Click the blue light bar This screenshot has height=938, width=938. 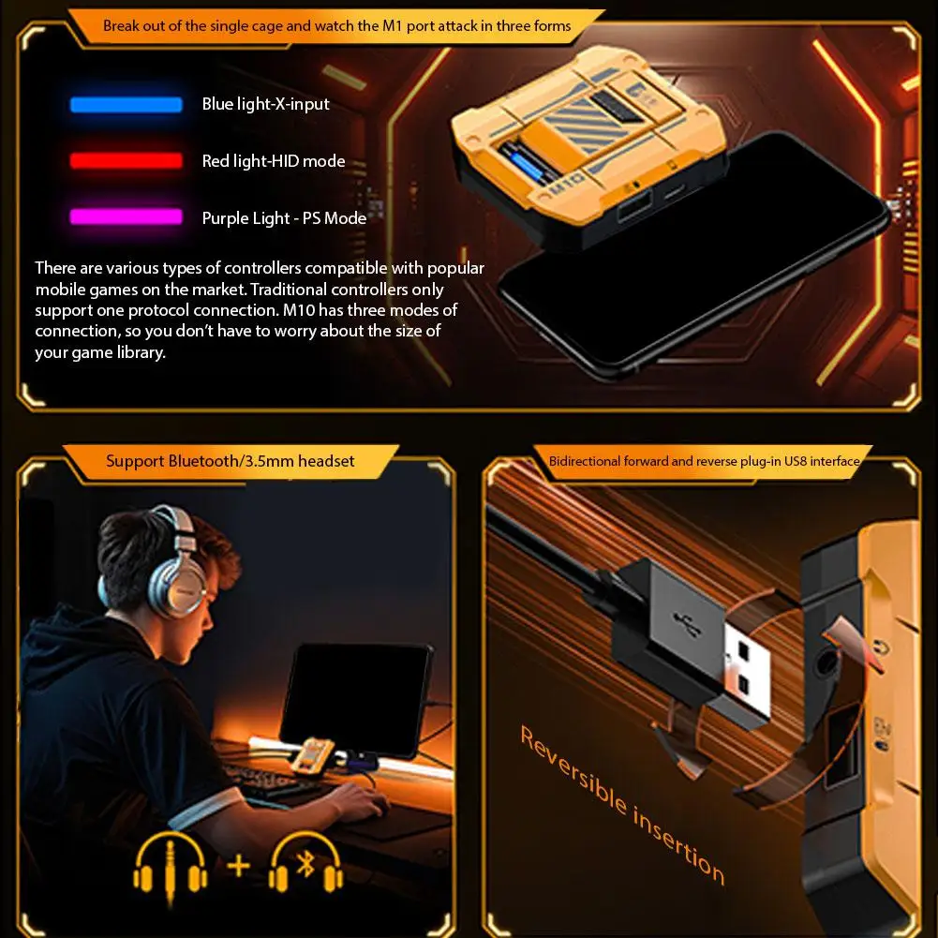[127, 105]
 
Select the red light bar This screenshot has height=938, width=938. [127, 161]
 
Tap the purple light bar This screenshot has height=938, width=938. [127, 216]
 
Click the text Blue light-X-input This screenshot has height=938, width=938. [265, 104]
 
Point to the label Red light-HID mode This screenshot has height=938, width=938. [274, 161]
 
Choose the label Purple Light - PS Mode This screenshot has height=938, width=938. [284, 217]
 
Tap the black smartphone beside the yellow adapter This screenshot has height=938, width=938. [694, 258]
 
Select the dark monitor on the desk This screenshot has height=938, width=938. [357, 700]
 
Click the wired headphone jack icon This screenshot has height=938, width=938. [170, 868]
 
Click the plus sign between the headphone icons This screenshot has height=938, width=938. [238, 866]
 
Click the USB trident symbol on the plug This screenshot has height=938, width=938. [689, 624]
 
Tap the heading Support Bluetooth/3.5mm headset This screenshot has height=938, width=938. [231, 461]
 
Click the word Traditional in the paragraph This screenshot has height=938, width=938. [289, 290]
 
